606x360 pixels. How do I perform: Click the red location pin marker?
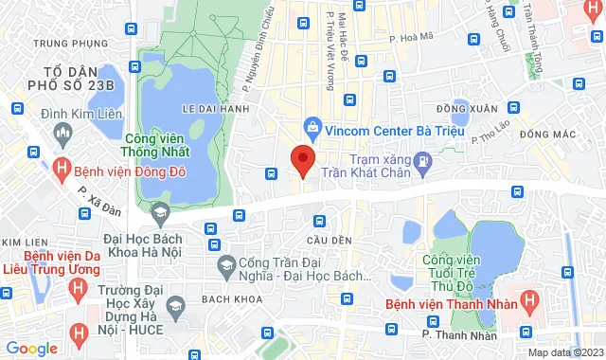coord(302,160)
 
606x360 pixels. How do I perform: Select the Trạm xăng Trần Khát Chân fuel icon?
coord(424,164)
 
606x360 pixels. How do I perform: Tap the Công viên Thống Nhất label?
coord(156,144)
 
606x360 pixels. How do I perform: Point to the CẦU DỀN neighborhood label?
coord(324,238)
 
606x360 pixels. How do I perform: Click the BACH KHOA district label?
coord(225,298)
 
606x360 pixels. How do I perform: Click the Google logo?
coord(30,348)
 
